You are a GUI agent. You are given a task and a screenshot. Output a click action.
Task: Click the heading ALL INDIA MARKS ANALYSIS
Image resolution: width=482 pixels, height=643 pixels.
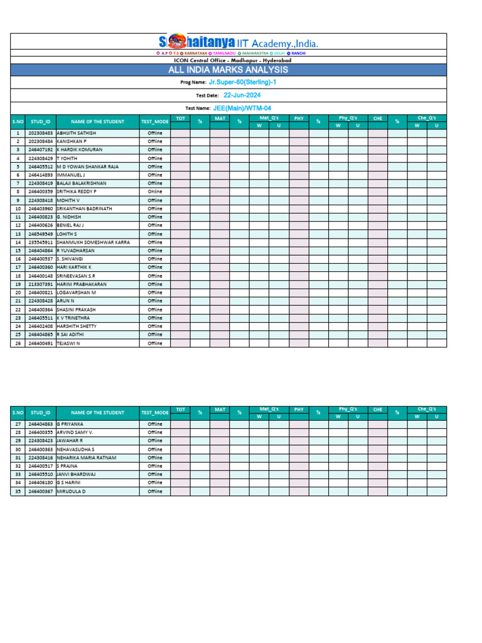tap(228, 70)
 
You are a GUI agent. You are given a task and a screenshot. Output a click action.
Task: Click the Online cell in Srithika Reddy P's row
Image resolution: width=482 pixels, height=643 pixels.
tap(154, 192)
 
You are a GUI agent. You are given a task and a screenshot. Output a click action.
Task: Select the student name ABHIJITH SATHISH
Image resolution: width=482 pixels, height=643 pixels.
tap(77, 133)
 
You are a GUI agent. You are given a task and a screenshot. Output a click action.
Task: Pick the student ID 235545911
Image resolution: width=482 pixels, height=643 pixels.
tap(41, 242)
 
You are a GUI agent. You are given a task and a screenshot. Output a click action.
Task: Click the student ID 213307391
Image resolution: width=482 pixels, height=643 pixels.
tap(41, 284)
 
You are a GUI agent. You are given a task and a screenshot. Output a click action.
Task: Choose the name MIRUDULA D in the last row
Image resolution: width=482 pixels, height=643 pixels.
tap(71, 491)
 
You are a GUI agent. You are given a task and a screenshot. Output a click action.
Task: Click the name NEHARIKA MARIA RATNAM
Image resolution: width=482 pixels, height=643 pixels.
tap(87, 458)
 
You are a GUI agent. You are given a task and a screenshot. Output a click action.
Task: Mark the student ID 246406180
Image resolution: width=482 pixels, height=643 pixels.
tap(41, 483)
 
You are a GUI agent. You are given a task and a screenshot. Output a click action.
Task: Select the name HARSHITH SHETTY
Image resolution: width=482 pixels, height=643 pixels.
tap(77, 326)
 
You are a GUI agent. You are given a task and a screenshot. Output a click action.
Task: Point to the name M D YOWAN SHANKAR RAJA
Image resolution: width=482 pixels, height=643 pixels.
tap(87, 166)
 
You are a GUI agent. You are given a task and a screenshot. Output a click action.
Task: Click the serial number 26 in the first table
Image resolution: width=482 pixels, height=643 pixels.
tap(18, 343)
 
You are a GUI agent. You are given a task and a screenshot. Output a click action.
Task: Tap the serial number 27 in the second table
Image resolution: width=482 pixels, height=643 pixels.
tap(18, 424)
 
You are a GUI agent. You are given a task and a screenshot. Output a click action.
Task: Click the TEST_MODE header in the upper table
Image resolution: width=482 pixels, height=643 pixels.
tap(154, 121)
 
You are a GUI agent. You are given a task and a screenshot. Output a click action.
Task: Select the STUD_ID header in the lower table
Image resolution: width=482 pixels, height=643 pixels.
tap(41, 413)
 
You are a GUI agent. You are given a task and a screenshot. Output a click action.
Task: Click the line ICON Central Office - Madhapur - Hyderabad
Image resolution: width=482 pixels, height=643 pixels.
tap(228, 60)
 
